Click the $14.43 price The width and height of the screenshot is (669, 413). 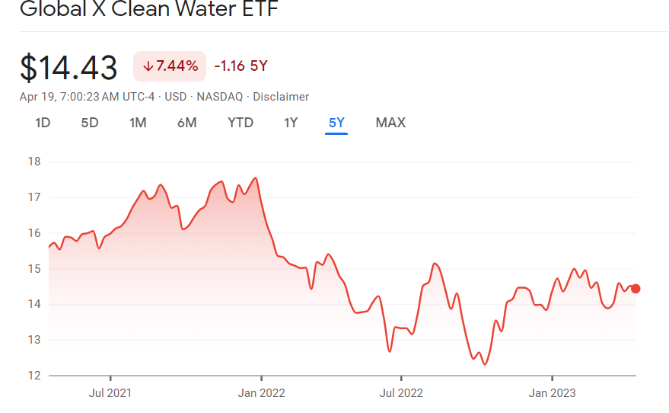(x=68, y=67)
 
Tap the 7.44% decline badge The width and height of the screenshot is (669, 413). (x=170, y=66)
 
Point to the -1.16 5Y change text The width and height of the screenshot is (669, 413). (x=241, y=66)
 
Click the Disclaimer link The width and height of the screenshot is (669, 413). (x=281, y=97)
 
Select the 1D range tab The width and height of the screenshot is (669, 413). (x=43, y=123)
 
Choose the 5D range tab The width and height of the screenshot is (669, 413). (x=90, y=123)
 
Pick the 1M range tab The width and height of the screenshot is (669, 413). (x=138, y=123)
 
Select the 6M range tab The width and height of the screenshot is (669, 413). (x=186, y=123)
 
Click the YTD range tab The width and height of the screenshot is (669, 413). (x=241, y=123)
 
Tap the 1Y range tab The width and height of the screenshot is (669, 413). (x=291, y=123)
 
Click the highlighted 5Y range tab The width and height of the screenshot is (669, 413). (x=336, y=123)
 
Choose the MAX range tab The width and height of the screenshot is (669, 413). (x=390, y=123)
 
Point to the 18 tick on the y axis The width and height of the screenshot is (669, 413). (x=33, y=162)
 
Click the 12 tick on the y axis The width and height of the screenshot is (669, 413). (x=33, y=376)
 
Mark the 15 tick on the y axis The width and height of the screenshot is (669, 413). (x=33, y=269)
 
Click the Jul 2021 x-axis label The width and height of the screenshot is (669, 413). (x=110, y=393)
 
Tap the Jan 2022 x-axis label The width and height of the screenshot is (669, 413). (x=261, y=393)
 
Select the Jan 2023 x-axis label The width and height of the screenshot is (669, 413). (x=552, y=393)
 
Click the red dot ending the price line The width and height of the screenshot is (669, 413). (x=636, y=289)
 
